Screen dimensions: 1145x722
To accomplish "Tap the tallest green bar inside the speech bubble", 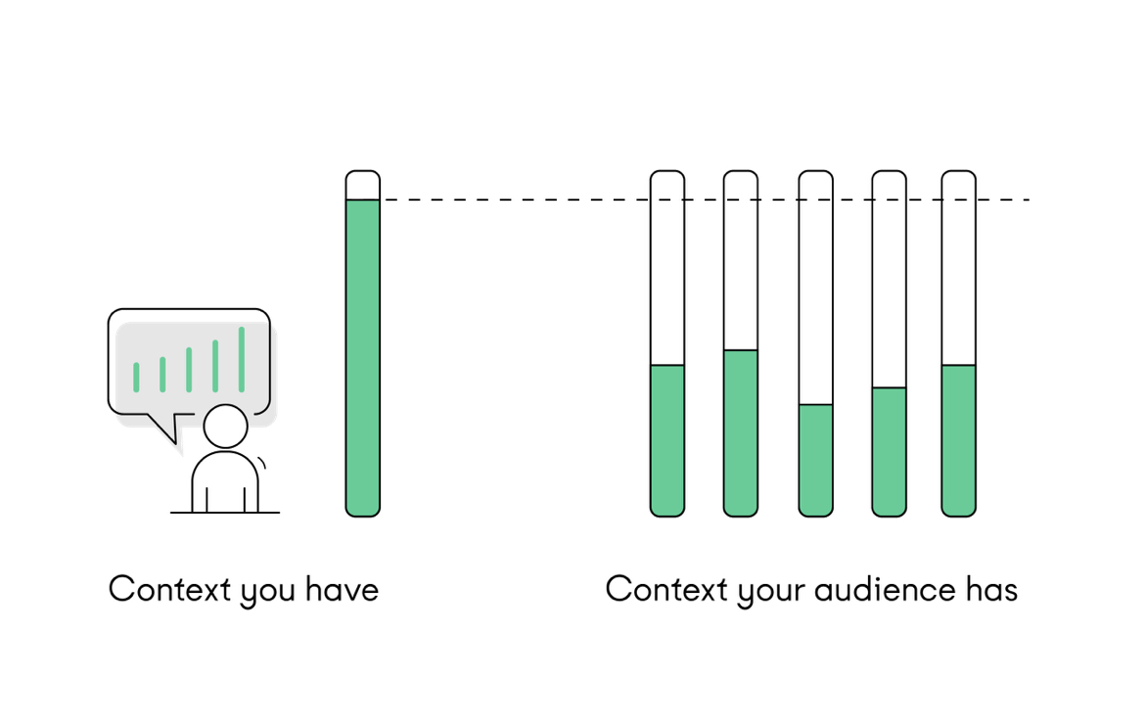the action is [241, 359].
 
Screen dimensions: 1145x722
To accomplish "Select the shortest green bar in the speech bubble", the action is [136, 377].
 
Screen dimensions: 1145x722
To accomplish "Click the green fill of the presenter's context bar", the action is [362, 357].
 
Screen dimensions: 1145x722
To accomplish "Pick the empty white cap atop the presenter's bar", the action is [362, 185].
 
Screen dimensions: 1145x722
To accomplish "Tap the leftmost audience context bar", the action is [667, 342].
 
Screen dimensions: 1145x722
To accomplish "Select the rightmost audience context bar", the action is [958, 342].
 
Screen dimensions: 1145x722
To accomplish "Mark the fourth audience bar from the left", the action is [889, 342].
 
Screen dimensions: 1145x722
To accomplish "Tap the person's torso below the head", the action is [225, 482].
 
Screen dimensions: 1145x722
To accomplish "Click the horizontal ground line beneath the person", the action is [225, 513].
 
